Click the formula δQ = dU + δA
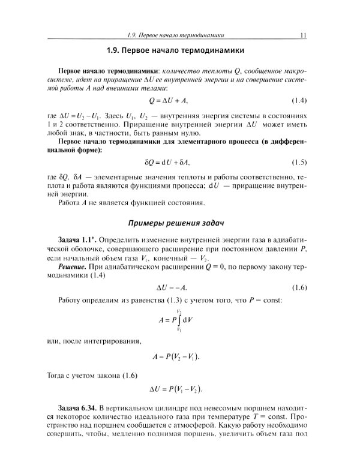179,163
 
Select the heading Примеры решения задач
179,223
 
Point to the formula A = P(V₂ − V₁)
179,356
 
